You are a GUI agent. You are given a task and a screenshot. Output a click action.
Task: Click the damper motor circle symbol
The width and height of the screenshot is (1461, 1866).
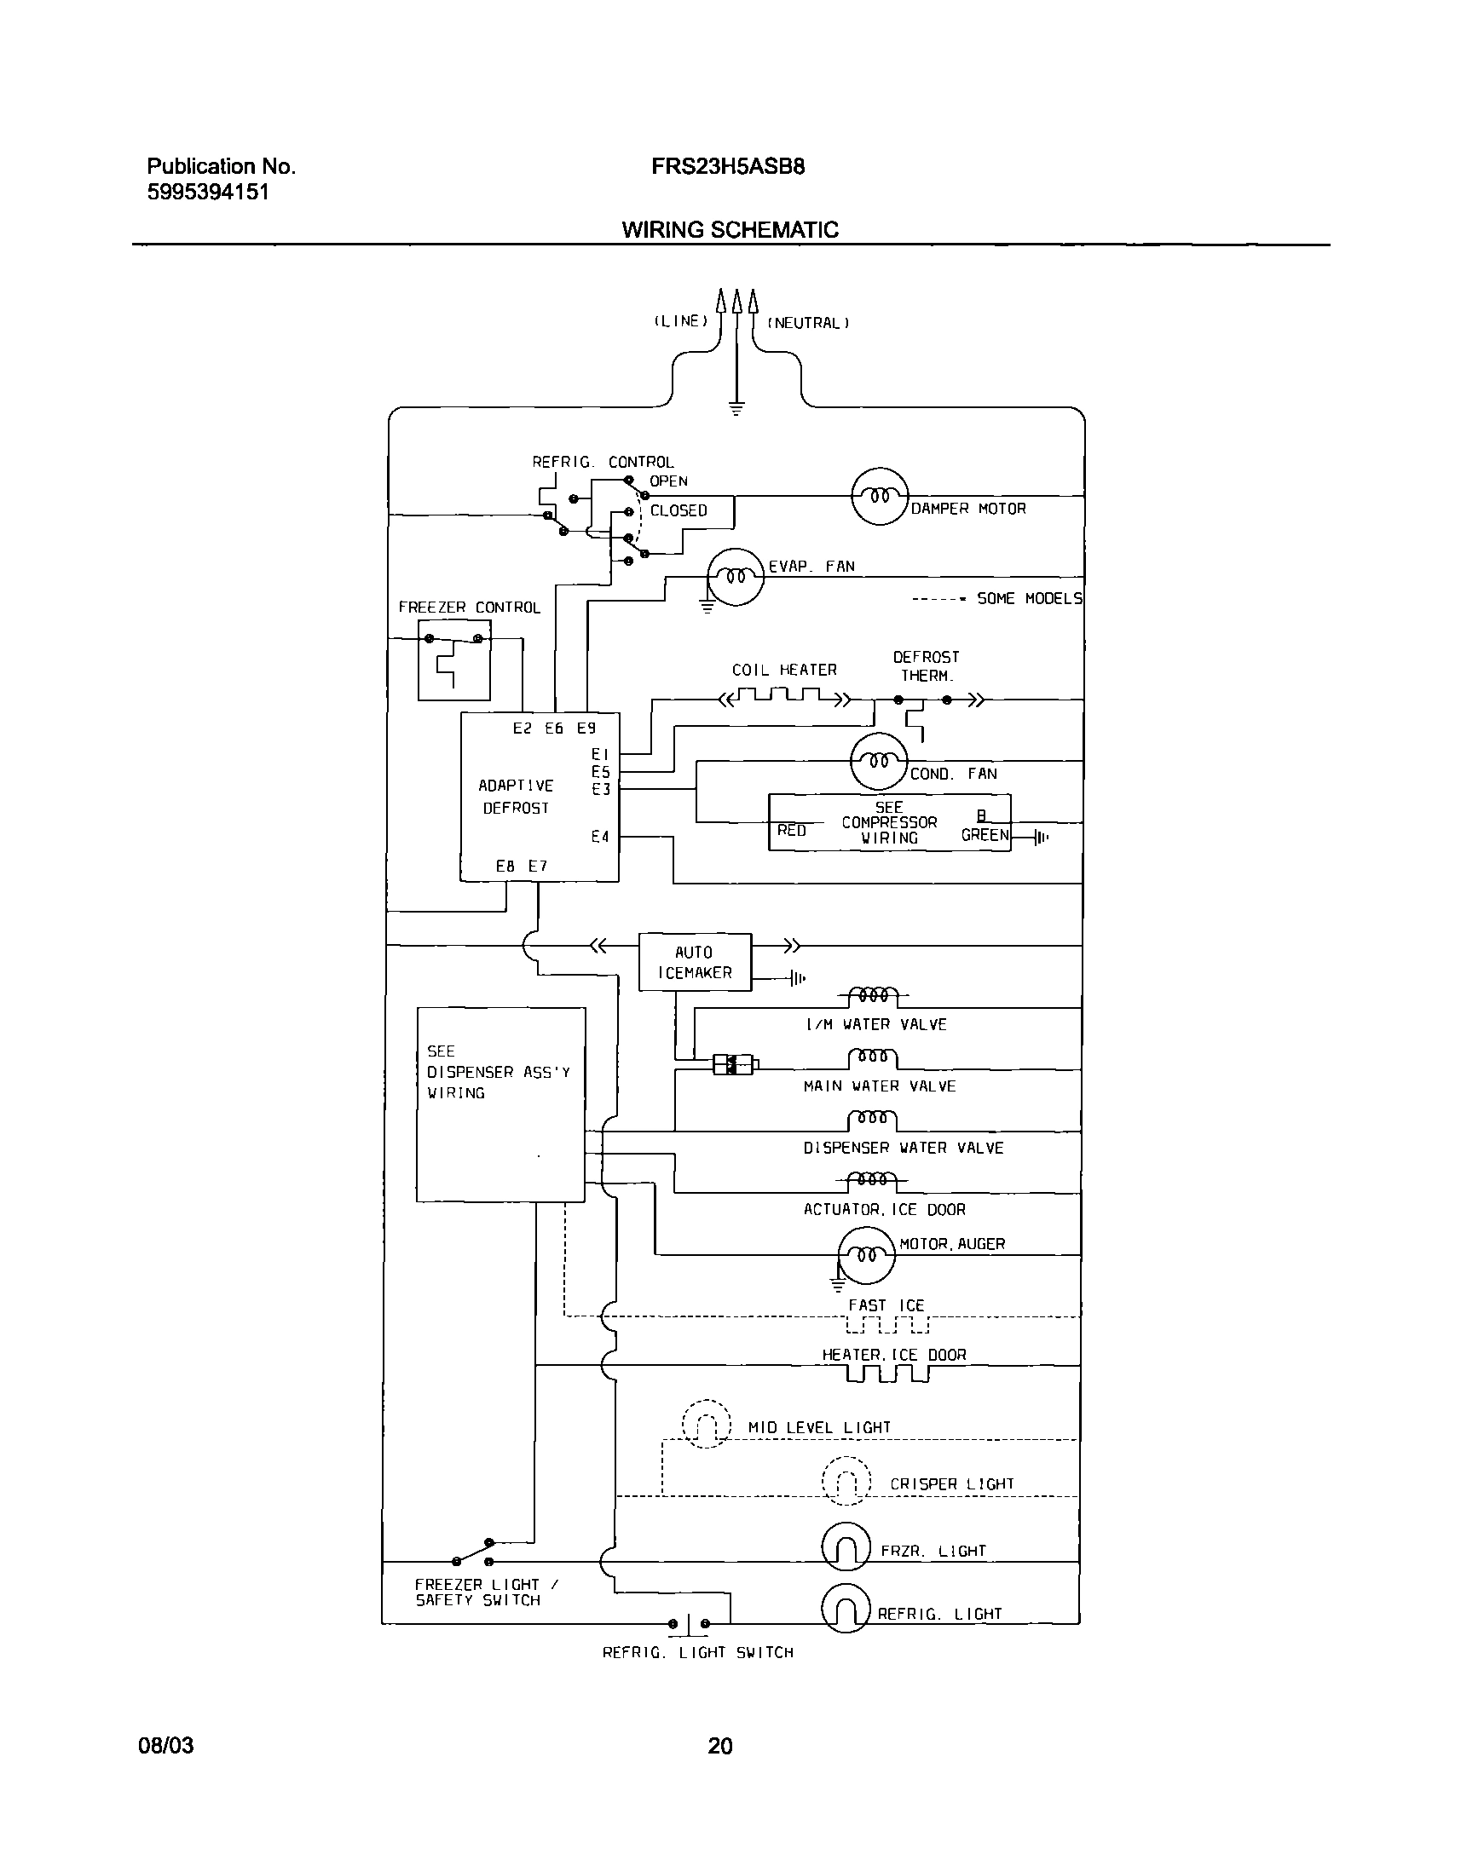point(879,496)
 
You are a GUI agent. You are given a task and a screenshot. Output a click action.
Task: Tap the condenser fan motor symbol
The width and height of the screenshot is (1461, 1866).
point(879,760)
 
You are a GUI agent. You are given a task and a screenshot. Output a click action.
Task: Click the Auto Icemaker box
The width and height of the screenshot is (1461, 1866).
point(695,962)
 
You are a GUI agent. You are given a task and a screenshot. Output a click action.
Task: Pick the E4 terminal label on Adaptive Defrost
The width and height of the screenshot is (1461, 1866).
point(600,837)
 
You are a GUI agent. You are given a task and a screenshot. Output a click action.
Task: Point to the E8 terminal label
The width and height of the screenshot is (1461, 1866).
point(505,866)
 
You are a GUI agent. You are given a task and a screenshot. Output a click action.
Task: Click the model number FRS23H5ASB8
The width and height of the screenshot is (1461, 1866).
point(727,166)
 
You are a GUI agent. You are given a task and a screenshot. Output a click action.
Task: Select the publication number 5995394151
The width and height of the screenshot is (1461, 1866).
point(208,192)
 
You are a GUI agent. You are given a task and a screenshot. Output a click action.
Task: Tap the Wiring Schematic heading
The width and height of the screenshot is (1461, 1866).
point(730,229)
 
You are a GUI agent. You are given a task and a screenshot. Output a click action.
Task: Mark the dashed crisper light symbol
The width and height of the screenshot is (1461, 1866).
point(845,1479)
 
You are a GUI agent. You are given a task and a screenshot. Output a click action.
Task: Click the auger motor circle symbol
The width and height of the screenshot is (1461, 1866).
point(866,1254)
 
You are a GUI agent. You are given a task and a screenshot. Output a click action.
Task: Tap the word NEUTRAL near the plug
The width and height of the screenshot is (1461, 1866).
point(808,323)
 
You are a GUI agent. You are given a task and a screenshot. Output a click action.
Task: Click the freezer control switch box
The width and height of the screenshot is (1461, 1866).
point(454,660)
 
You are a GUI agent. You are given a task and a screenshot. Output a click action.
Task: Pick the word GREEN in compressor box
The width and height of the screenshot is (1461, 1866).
point(985,835)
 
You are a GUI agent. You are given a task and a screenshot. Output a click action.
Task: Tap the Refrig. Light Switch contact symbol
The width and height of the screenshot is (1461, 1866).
point(690,1623)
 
